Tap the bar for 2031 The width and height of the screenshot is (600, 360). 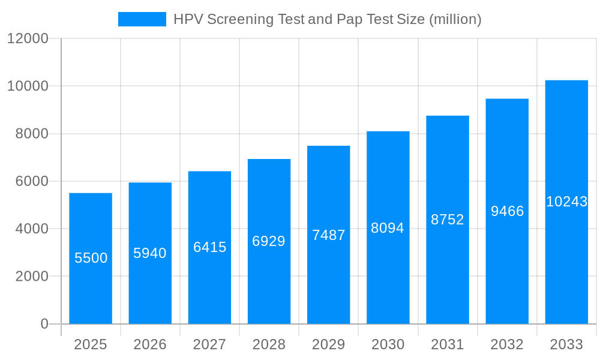point(448,270)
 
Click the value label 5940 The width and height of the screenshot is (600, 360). point(150,253)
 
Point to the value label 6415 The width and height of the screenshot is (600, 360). point(209,247)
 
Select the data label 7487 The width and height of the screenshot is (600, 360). point(328,235)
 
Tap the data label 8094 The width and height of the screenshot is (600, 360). point(388,228)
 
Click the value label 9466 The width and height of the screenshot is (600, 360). point(507,211)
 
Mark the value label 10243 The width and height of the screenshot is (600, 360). point(566,202)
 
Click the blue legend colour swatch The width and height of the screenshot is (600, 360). point(142,19)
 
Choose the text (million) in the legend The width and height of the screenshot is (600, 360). point(455,19)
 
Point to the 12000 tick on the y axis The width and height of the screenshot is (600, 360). point(28,38)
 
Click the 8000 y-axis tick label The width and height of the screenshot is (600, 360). point(31,134)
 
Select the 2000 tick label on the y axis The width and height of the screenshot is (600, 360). point(31,277)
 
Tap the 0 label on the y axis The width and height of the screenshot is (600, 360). point(44,324)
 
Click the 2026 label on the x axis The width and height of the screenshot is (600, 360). point(150,344)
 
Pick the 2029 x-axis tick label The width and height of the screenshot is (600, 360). point(328,344)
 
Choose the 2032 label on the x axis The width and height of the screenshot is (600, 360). point(507,344)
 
